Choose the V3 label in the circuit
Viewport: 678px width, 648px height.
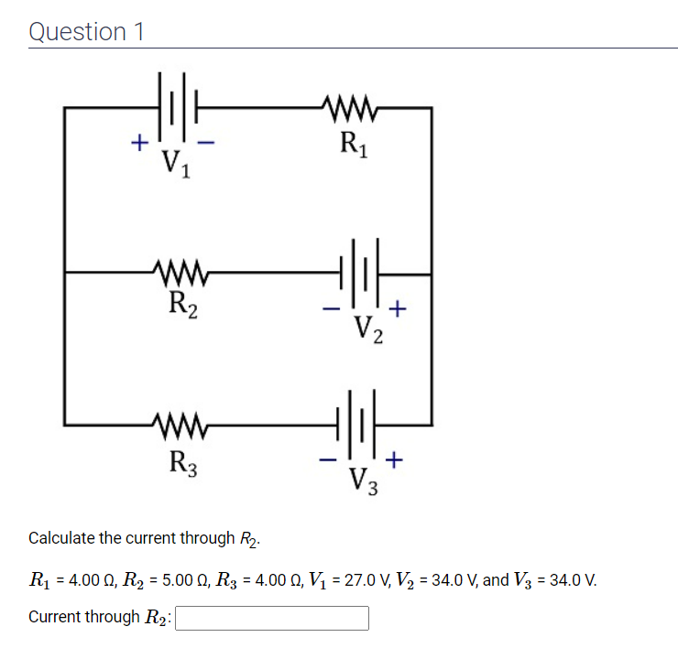click(x=366, y=480)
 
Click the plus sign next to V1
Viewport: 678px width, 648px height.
click(x=138, y=143)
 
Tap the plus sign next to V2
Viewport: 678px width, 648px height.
click(x=397, y=308)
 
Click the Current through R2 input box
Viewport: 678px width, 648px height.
click(x=272, y=619)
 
